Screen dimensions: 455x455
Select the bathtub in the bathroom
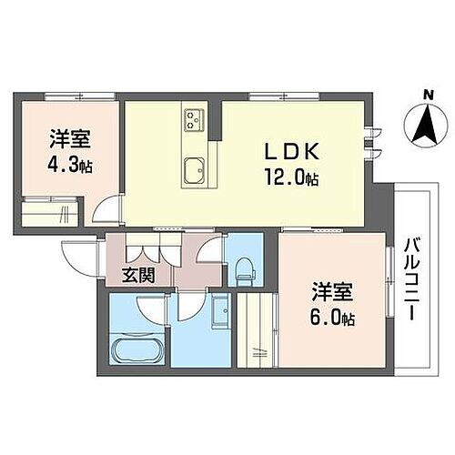[136, 350]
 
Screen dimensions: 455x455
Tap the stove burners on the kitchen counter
[195, 117]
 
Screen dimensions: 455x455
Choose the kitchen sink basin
[195, 170]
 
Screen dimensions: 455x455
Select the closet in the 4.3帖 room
[50, 217]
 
